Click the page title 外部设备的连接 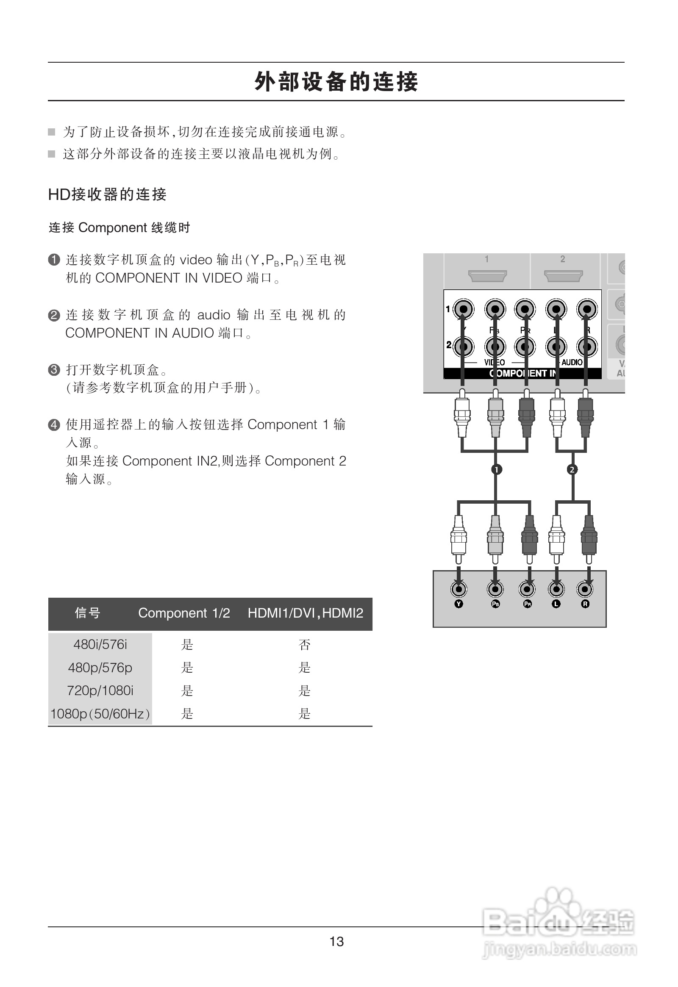336,81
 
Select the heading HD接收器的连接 107,194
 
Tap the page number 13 336,942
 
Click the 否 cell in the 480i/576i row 305,645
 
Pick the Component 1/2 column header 184,613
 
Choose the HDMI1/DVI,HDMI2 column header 306,613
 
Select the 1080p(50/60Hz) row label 100,713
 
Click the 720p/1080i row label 100,690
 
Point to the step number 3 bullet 54,369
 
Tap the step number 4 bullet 54,425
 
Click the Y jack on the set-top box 458,589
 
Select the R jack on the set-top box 585,589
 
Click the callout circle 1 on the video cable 496,469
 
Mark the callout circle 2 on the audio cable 572,469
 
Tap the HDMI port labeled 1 487,276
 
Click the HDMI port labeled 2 563,276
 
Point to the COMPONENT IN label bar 522,373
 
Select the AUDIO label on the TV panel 572,362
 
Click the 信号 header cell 88,613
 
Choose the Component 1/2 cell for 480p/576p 187,668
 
